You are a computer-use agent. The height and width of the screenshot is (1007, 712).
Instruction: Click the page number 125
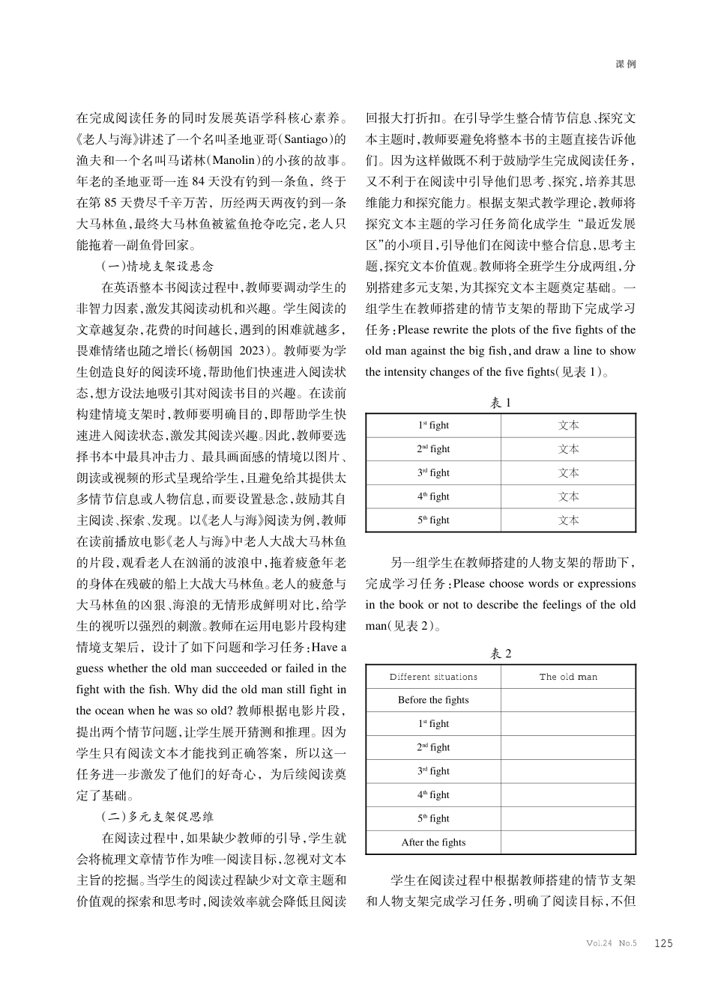(663, 943)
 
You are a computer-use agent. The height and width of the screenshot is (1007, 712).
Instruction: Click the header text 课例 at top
(626, 64)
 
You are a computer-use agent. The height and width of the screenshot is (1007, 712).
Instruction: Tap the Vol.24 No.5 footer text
(611, 943)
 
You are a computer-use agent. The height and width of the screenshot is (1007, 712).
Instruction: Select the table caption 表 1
(501, 403)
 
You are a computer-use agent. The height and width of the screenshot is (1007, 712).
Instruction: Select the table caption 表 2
(501, 654)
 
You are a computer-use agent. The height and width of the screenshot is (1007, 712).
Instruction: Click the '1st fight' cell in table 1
(433, 425)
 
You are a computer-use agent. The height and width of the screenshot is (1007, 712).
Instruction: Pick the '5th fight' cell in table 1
(433, 520)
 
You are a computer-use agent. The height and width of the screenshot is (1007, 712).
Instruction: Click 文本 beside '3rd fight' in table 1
(569, 473)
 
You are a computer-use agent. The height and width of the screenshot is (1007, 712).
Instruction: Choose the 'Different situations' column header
(433, 677)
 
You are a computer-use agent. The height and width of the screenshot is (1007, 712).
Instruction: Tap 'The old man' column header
(568, 677)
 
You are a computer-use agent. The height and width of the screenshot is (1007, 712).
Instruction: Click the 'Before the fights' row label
(433, 700)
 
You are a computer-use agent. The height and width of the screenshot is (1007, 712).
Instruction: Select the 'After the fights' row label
(433, 842)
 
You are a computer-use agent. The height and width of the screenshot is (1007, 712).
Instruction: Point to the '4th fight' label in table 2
(433, 795)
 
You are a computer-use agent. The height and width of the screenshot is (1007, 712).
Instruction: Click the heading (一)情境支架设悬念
(157, 266)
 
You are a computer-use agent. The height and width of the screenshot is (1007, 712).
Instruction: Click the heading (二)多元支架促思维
(157, 816)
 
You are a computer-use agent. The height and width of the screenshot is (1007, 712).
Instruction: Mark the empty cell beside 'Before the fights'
(568, 700)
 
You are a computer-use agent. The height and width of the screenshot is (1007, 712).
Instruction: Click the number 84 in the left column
(199, 181)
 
